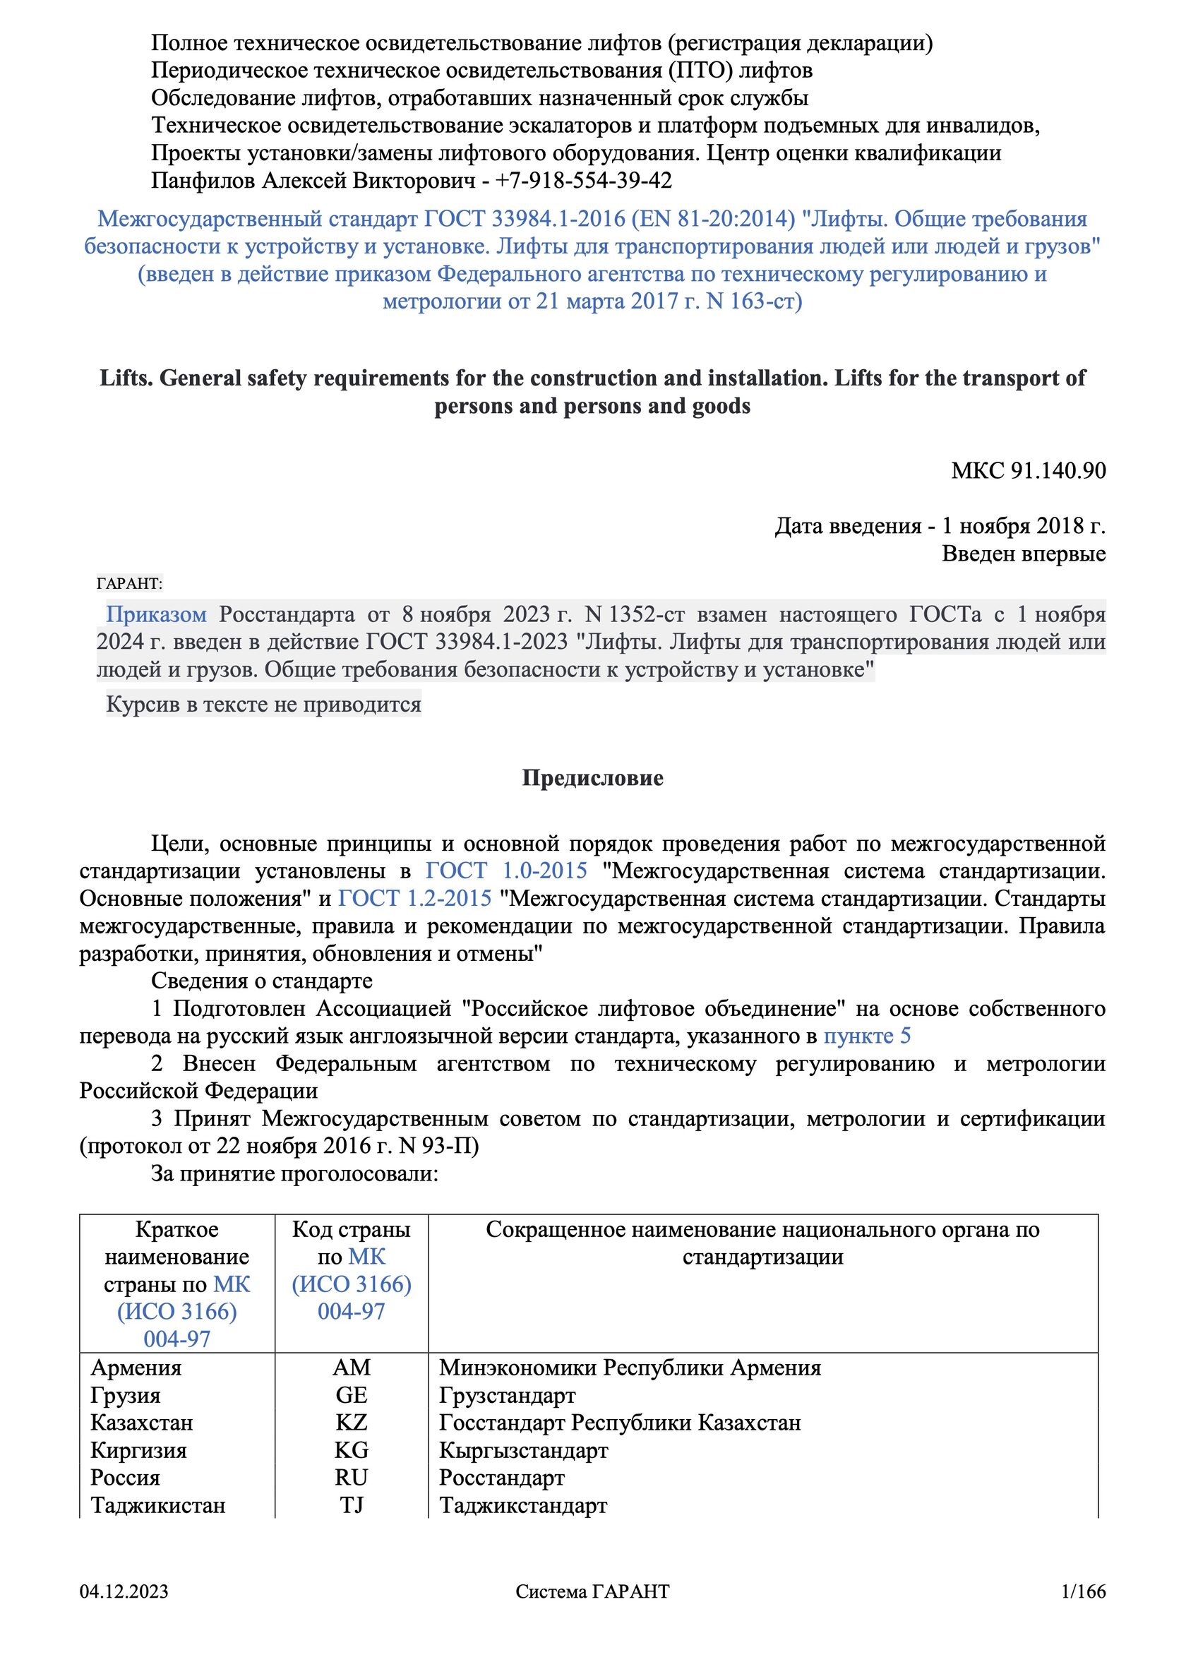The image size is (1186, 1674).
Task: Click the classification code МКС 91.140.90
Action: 1028,470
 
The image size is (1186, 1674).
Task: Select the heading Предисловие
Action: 592,778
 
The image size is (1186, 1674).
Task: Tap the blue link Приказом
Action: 156,614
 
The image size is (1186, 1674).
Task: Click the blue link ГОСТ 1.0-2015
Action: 506,871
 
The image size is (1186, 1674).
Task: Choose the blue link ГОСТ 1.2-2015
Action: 414,898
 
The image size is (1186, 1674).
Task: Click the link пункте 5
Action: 867,1036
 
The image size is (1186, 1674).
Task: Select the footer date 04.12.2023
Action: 124,1612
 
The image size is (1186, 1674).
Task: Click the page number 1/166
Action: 1083,1612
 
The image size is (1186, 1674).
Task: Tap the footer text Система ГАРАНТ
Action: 592,1612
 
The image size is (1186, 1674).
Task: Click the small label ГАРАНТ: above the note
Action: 129,584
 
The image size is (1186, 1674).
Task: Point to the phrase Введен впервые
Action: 1023,554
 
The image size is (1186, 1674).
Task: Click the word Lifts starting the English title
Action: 126,378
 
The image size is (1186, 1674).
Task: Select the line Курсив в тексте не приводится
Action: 263,705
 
